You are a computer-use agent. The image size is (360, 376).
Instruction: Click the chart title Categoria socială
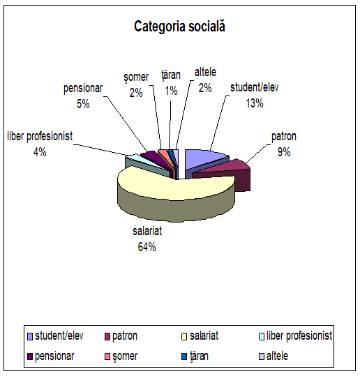(179, 26)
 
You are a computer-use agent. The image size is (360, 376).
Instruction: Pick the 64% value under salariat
(147, 247)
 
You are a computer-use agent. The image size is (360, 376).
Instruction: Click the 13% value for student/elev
(255, 103)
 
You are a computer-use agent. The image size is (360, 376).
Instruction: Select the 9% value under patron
(284, 152)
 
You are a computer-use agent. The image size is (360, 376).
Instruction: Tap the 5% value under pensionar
(83, 104)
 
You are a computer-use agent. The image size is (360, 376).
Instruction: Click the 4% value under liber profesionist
(40, 152)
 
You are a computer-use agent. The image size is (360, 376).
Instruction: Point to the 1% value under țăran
(171, 91)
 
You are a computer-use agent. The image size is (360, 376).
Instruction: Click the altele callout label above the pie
(205, 72)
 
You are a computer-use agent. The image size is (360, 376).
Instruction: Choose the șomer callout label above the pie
(136, 77)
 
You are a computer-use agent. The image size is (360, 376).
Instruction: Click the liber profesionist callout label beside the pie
(40, 136)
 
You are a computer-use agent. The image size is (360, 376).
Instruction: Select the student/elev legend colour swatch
(30, 337)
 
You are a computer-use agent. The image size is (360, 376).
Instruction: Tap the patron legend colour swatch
(107, 337)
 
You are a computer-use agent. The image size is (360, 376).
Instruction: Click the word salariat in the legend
(204, 336)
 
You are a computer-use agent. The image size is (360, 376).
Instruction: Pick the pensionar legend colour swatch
(30, 356)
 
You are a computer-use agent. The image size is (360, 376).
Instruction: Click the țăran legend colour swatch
(184, 356)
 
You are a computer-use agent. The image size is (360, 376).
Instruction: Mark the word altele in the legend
(277, 356)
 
